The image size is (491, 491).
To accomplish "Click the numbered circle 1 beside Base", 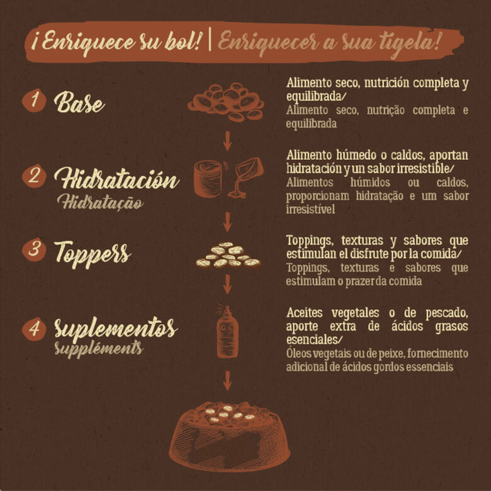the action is (34, 100).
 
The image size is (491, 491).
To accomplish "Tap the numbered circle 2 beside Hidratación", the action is (34, 176).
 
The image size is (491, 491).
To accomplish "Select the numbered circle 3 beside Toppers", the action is (34, 249).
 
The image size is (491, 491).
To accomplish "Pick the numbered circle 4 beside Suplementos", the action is (34, 329).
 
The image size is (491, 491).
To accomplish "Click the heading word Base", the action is (79, 102).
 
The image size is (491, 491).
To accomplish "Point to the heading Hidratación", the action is (116, 178).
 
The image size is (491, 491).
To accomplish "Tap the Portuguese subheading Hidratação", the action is (100, 202).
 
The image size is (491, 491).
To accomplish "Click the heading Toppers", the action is (93, 254).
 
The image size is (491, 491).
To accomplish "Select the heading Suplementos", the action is (116, 328).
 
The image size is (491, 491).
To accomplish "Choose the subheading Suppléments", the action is (99, 349).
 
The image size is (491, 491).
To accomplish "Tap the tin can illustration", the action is (208, 179).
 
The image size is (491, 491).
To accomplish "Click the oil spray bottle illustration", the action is (227, 332).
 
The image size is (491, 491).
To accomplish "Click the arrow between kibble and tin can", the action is (227, 141).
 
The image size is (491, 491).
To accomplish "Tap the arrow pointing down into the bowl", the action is (227, 380).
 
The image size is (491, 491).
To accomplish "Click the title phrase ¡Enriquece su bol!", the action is (116, 42).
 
